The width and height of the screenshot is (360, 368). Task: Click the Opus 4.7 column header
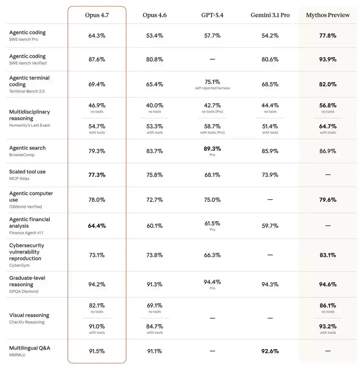tap(97, 15)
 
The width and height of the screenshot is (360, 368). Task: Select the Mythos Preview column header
tap(328, 15)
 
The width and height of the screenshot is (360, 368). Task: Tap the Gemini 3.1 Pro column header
tap(270, 15)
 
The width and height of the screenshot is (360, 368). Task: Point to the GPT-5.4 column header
tap(212, 15)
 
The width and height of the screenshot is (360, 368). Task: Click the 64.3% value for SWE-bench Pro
tap(97, 36)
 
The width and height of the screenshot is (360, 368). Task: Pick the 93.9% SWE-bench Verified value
tap(328, 59)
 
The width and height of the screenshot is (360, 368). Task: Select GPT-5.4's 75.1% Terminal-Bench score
tap(212, 82)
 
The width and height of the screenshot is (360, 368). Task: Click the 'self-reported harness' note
tap(212, 88)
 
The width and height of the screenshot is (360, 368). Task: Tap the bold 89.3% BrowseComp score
tap(212, 149)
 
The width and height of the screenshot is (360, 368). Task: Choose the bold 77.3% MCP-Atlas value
tap(97, 175)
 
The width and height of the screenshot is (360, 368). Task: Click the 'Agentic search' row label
tap(27, 148)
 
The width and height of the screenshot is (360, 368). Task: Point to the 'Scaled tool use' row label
tap(27, 171)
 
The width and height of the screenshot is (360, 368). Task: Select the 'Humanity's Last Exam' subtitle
tap(30, 125)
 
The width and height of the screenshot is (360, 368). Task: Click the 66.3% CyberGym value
tap(212, 255)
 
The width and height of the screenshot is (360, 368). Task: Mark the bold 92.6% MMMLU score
tap(270, 351)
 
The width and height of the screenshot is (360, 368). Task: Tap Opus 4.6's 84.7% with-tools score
tap(154, 326)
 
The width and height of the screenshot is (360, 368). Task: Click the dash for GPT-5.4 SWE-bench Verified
tap(212, 59)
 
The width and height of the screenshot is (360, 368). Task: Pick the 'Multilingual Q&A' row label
tap(30, 348)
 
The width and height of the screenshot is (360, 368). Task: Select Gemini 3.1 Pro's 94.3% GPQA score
tap(270, 285)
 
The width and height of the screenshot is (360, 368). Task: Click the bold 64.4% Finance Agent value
tap(97, 226)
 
